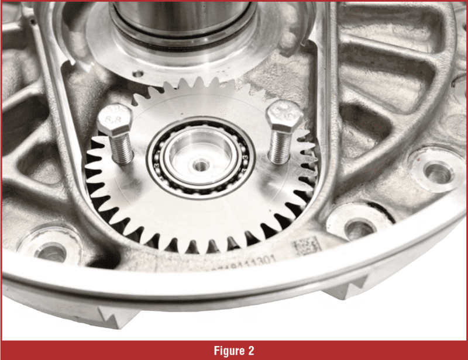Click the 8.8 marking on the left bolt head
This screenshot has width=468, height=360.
coord(109,123)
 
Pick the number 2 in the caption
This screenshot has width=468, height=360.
coord(250,351)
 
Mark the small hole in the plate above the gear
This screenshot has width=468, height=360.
coord(138,75)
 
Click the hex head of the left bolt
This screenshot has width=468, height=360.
coord(111,122)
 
